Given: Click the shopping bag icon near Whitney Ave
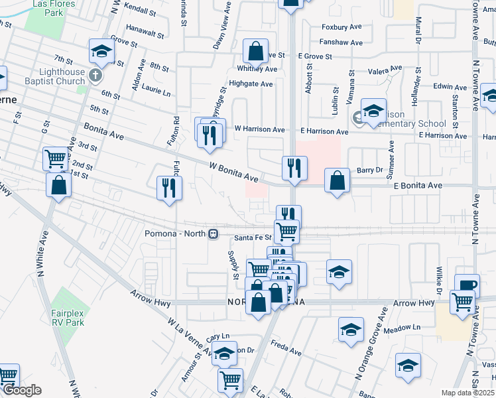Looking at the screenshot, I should tap(255, 51).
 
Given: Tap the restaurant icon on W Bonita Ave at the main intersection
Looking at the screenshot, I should tap(294, 168).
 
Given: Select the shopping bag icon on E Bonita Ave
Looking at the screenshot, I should tap(338, 180).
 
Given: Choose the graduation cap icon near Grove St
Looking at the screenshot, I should tap(101, 50).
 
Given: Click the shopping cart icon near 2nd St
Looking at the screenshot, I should tap(56, 159).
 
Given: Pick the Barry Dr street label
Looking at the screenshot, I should tap(370, 170).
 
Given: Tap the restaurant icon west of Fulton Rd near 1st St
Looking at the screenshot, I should tap(169, 188).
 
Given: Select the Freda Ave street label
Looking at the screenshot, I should tap(286, 347).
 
